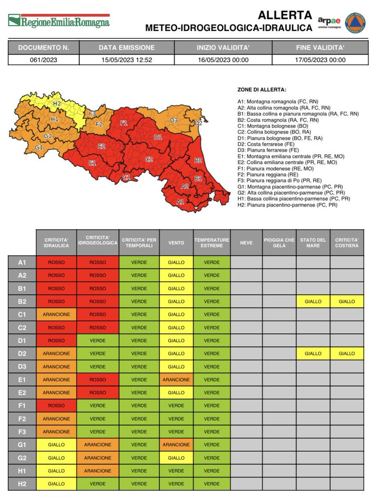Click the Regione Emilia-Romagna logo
(59, 21)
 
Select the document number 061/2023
(43, 60)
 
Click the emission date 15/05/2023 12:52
(127, 60)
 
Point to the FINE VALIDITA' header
(320, 47)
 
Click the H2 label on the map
(57, 103)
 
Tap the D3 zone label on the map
(174, 121)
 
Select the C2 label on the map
(149, 159)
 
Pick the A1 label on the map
(180, 202)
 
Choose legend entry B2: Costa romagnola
(277, 120)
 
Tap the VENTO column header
(176, 242)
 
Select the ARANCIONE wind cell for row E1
(176, 380)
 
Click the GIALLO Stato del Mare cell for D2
(313, 354)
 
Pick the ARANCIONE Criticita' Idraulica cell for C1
(56, 315)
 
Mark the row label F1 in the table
(22, 406)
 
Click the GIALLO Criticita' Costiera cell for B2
(347, 302)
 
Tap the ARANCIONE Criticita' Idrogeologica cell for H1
(97, 471)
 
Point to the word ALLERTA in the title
(285, 16)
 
